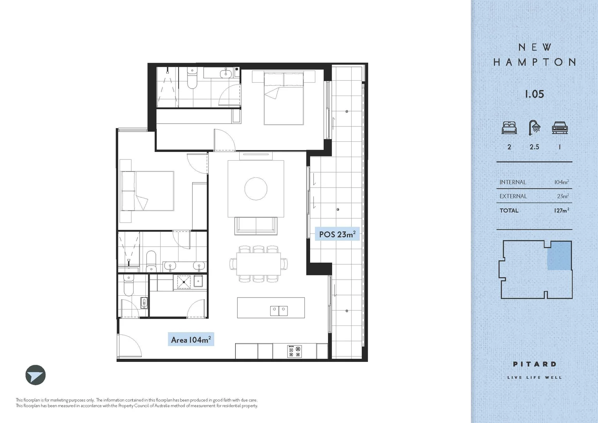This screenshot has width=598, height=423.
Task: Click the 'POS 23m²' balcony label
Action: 337,234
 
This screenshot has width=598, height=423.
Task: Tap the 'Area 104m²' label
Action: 191,340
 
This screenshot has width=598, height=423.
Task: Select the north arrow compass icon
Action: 36,375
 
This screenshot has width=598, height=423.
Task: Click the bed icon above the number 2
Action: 509,128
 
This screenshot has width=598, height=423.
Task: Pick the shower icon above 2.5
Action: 534,128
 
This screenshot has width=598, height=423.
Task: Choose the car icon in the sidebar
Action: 560,128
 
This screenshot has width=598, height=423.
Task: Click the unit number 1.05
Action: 534,94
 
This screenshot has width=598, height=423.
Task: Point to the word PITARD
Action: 535,364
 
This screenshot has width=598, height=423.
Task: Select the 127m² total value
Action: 561,210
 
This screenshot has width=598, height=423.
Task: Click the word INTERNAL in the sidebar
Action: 513,182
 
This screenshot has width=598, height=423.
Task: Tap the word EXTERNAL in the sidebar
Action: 513,196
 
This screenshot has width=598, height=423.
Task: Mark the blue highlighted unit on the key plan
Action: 559,255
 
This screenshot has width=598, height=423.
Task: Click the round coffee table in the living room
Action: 256,188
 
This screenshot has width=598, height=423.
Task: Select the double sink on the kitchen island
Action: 279,311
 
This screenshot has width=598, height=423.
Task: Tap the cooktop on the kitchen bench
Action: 294,351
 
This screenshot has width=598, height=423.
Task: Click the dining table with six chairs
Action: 258,264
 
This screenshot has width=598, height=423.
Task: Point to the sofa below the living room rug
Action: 256,225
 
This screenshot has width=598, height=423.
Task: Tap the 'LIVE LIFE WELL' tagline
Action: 535,378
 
